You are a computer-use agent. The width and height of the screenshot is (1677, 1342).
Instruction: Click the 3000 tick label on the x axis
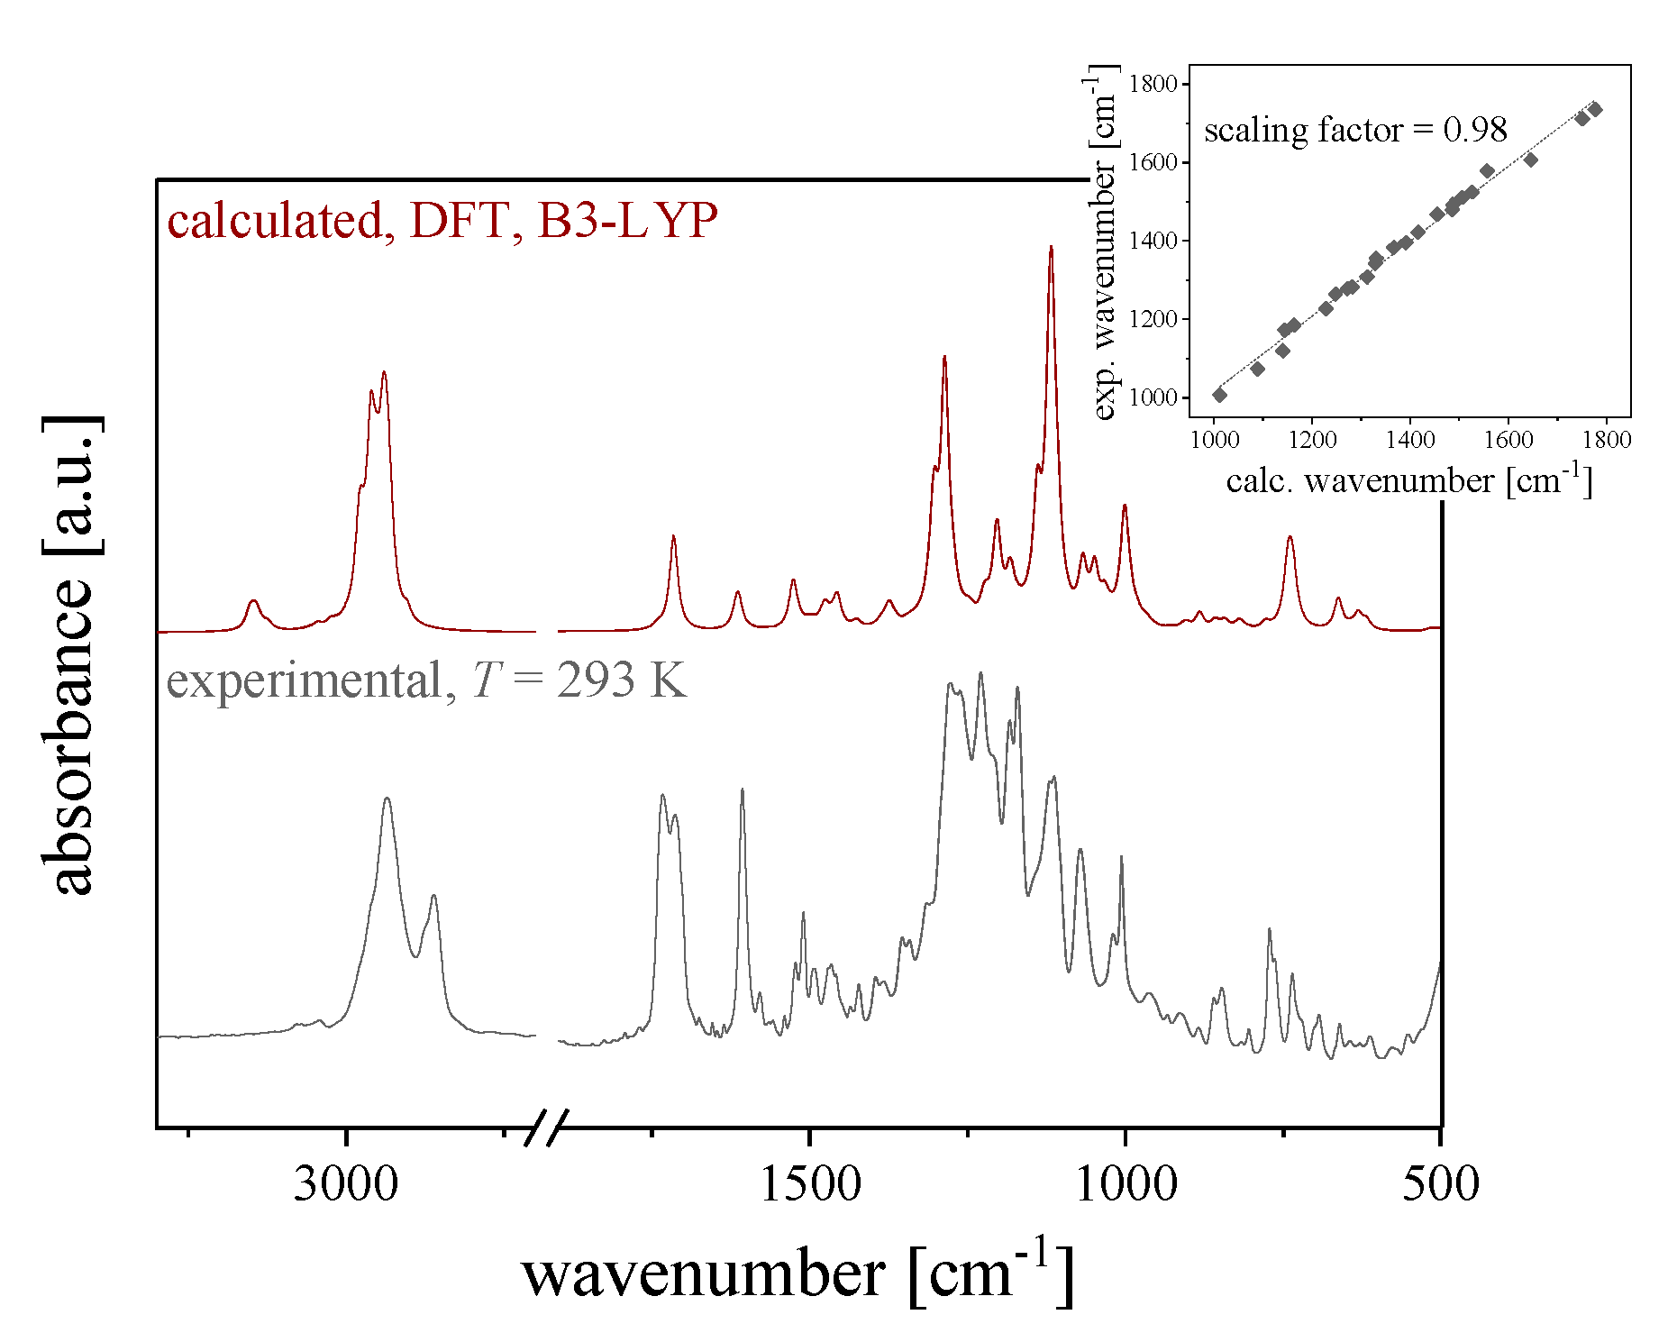pos(345,1182)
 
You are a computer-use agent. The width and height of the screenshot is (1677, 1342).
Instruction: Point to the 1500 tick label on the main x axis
pos(810,1182)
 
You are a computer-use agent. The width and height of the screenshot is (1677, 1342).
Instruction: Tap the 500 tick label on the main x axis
pos(1440,1182)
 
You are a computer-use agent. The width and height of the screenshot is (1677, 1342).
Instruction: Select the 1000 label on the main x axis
pos(1126,1182)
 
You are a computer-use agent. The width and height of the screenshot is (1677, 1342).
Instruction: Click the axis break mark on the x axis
pos(546,1127)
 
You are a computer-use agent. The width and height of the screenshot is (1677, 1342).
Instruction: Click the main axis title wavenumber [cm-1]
pos(797,1273)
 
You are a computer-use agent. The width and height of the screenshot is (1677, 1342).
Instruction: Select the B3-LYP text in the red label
pos(627,221)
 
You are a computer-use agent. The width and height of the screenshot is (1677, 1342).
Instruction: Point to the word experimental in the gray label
pos(305,680)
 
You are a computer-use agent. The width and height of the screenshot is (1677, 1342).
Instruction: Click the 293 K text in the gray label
pos(621,680)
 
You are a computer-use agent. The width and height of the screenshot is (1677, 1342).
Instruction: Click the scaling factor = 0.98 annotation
pos(1354,130)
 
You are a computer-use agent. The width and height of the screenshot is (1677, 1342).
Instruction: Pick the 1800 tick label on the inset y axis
pos(1153,84)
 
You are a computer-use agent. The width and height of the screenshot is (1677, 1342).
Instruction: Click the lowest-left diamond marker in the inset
pos(1219,395)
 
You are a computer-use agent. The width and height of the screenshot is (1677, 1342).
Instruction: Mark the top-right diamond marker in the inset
pos(1595,109)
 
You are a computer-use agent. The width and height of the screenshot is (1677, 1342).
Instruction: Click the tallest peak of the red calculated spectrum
pos(1051,247)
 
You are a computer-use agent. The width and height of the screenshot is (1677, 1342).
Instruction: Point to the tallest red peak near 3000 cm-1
pos(384,372)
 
